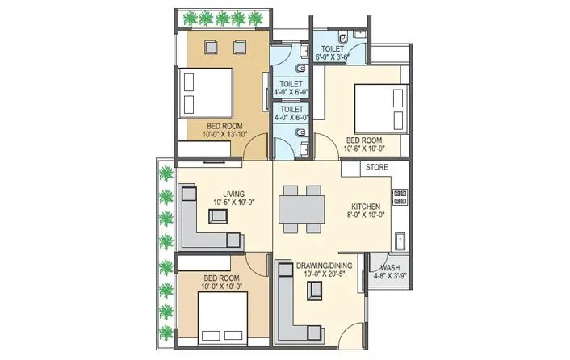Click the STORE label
click(x=377, y=168)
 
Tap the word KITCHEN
click(x=359, y=207)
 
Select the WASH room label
click(x=389, y=266)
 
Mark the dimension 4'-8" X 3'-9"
click(x=389, y=274)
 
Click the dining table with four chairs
click(x=300, y=209)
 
